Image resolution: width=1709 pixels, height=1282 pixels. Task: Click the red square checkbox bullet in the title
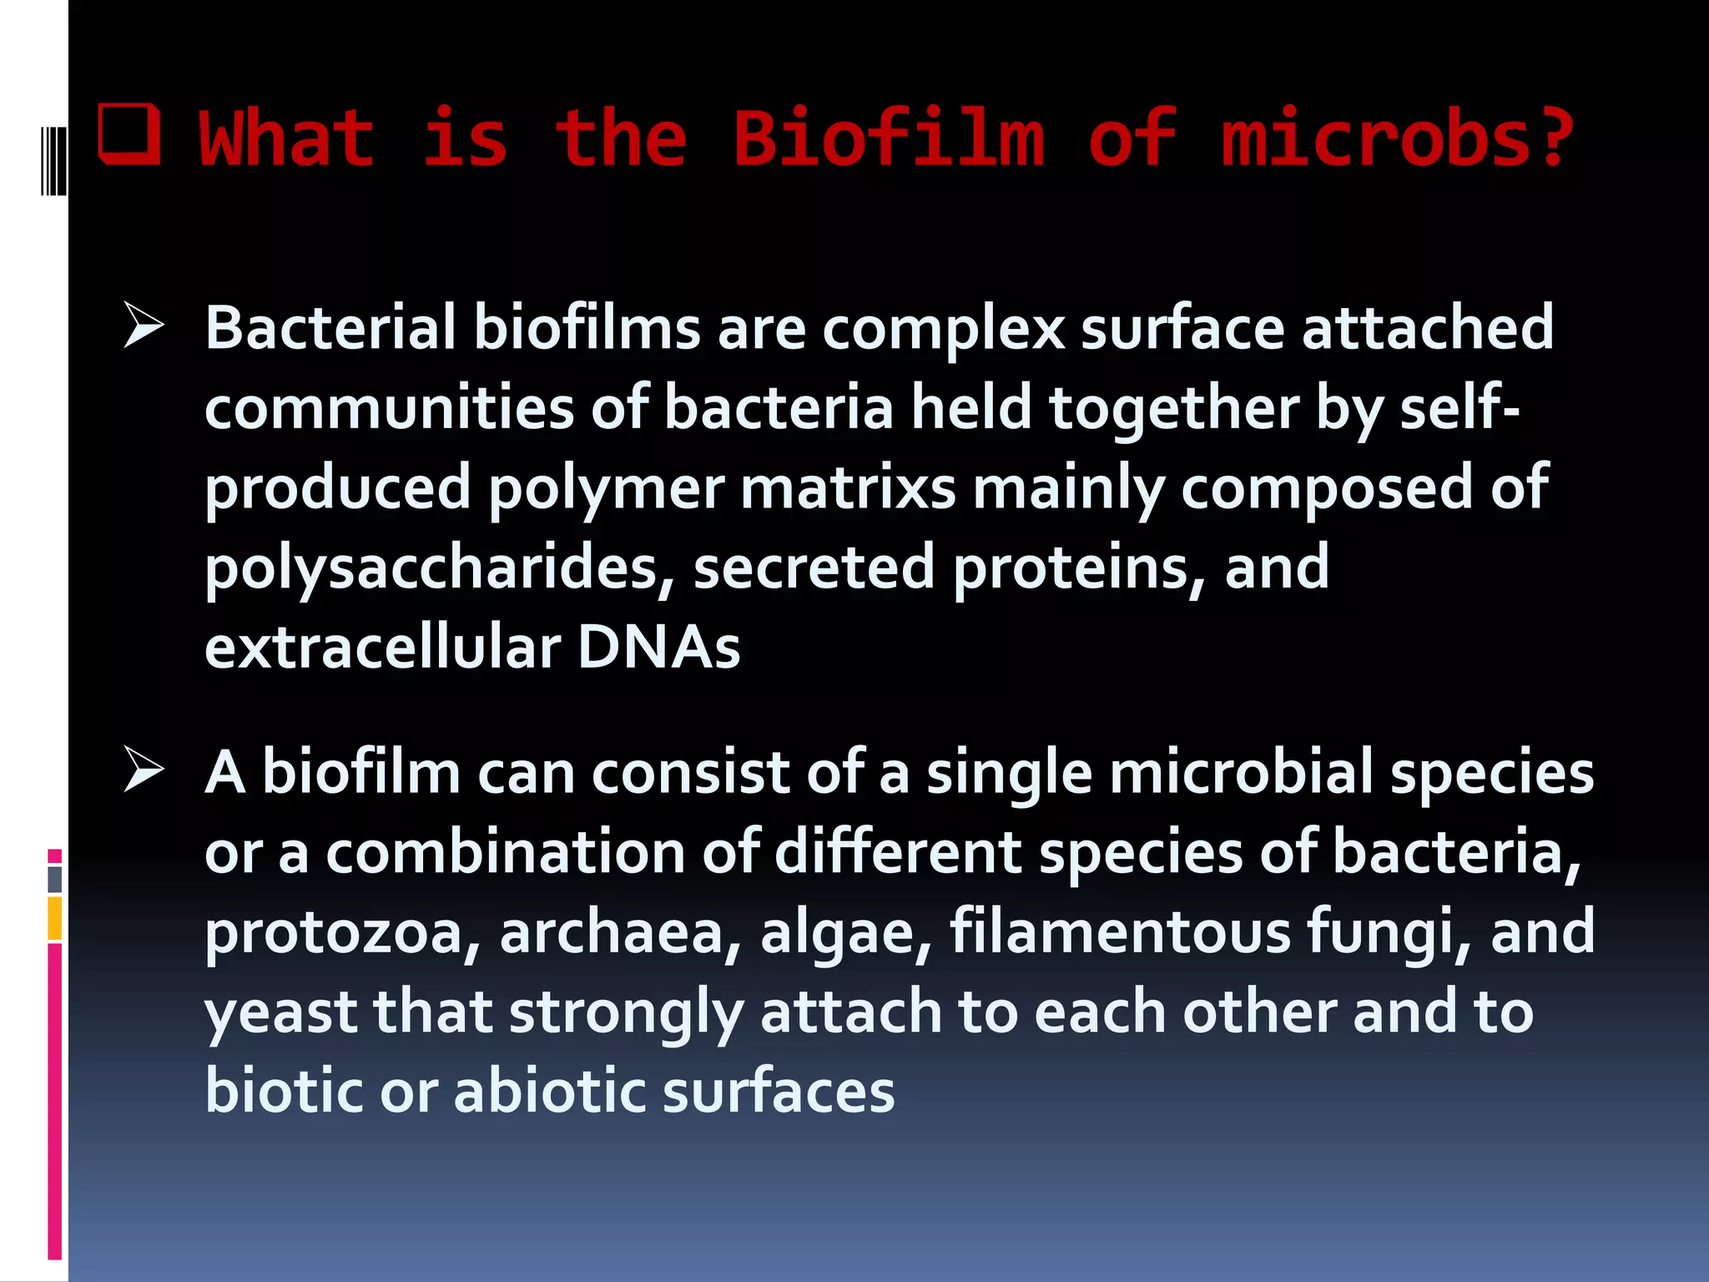tap(129, 134)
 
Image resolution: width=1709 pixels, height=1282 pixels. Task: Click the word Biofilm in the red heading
tap(888, 138)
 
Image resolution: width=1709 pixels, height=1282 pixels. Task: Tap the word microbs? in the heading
tap(1397, 138)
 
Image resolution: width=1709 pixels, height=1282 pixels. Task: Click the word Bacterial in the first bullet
tap(330, 327)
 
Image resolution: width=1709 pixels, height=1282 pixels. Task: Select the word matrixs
tap(848, 488)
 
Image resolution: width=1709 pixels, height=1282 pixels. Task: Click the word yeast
tap(280, 1012)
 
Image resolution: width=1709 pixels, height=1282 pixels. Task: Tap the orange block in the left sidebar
tap(55, 918)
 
